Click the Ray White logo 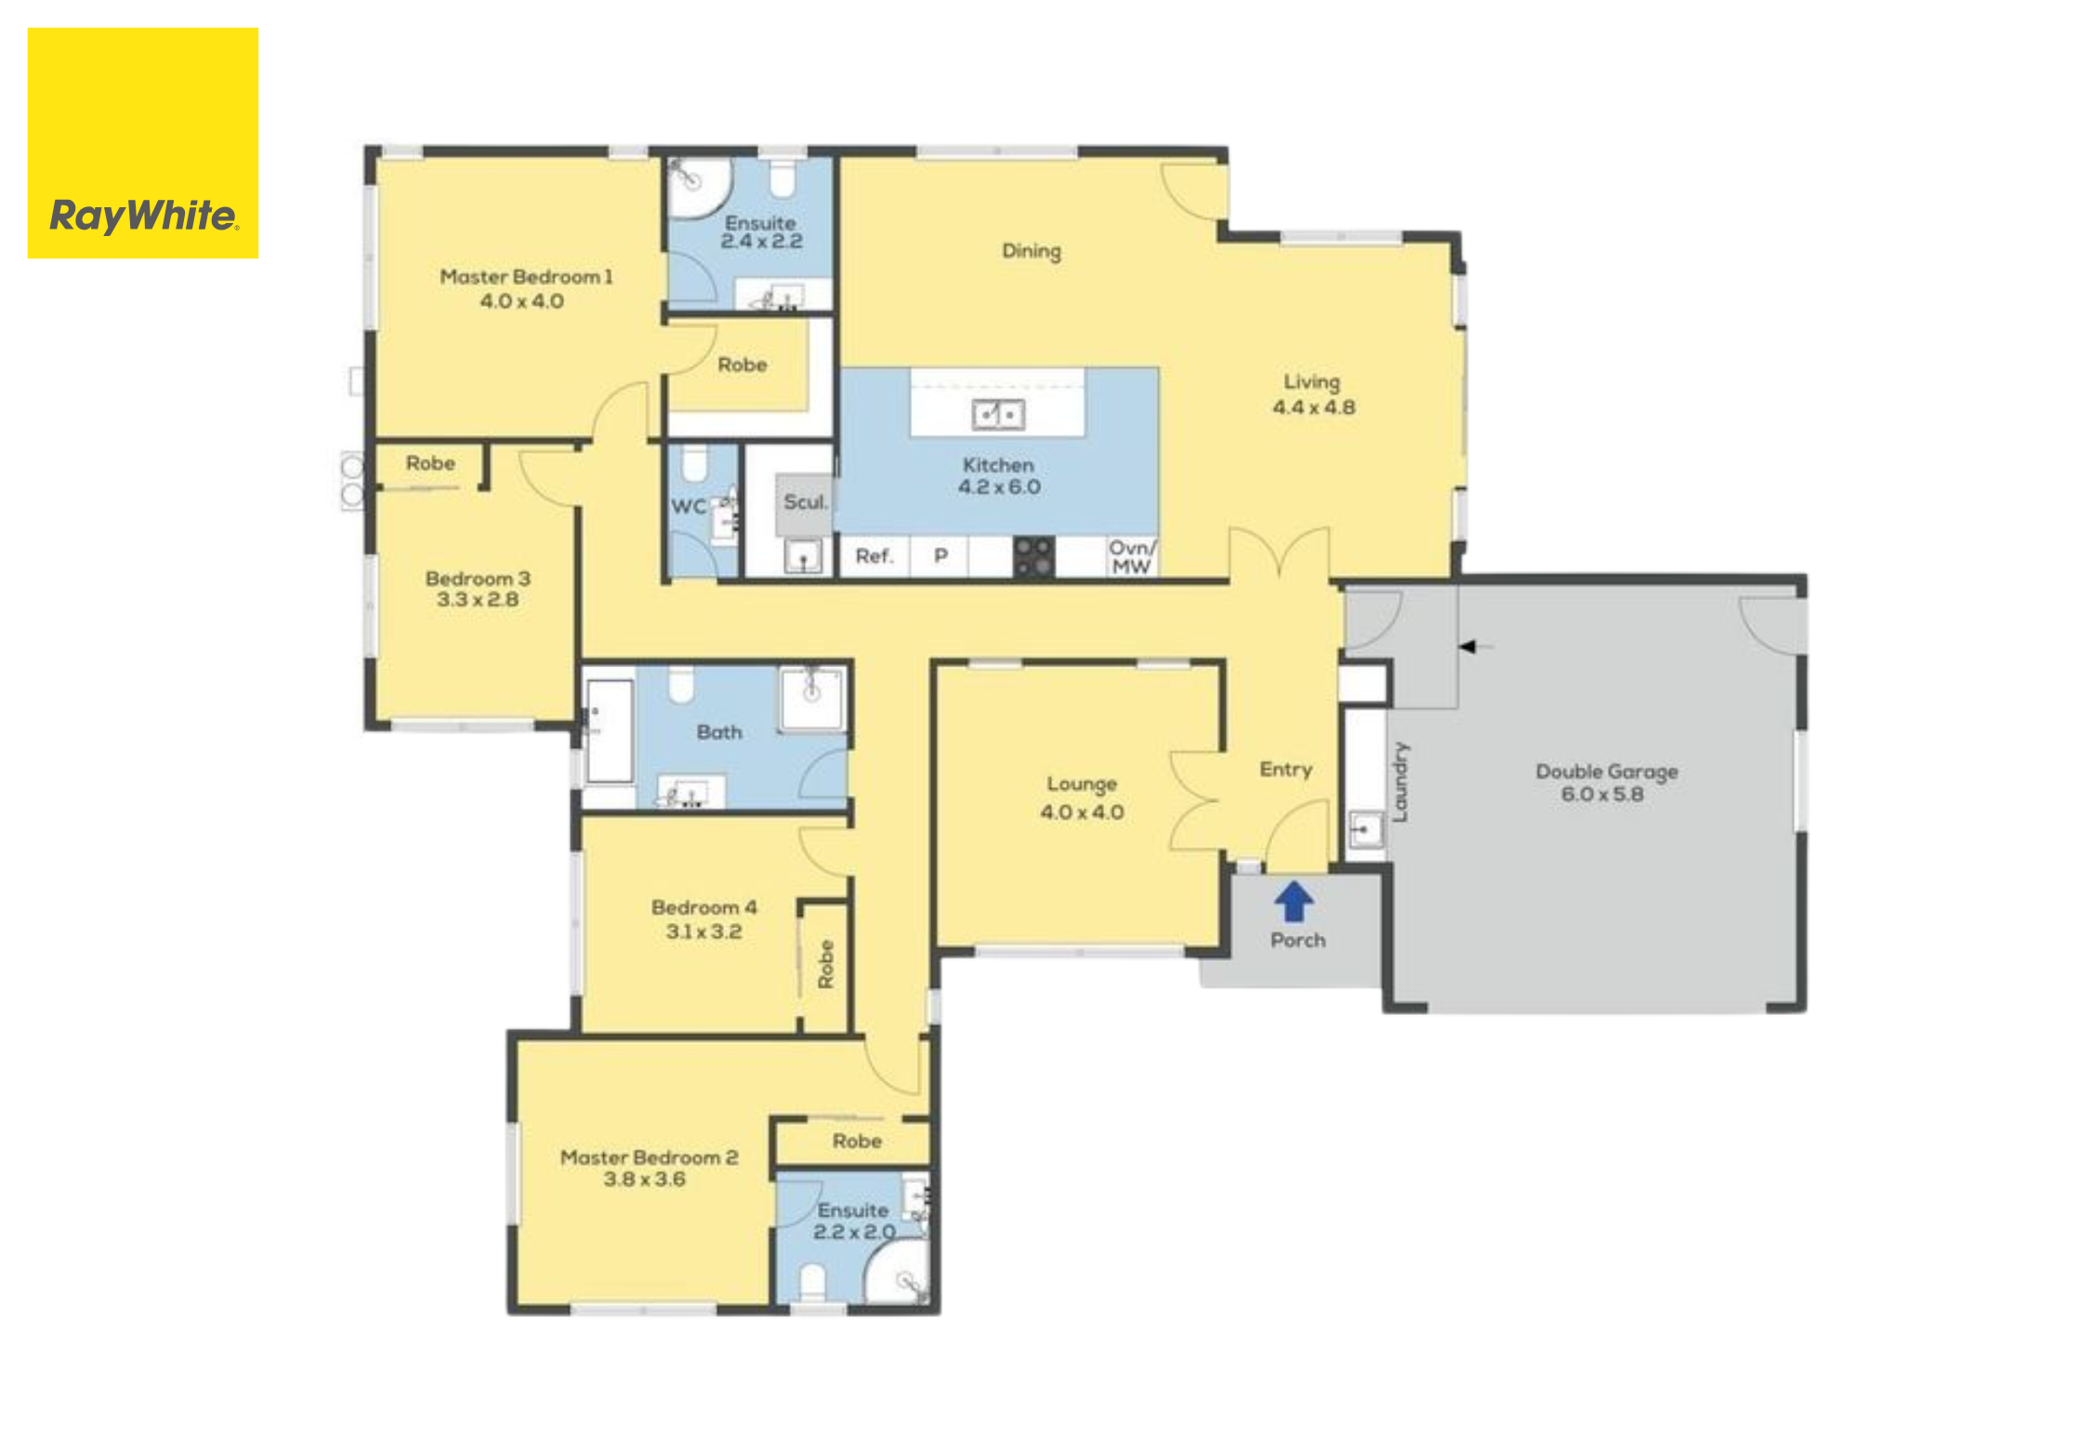pyautogui.click(x=143, y=143)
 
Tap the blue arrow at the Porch pyautogui.click(x=1294, y=901)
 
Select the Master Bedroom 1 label pyautogui.click(x=526, y=277)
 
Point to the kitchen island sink pyautogui.click(x=998, y=414)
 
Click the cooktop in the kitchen pyautogui.click(x=1033, y=557)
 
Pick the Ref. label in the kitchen pyautogui.click(x=874, y=557)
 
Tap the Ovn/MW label pyautogui.click(x=1132, y=558)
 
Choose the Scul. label pyautogui.click(x=805, y=503)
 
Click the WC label pyautogui.click(x=688, y=506)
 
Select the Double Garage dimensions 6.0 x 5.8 pyautogui.click(x=1602, y=795)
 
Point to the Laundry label pyautogui.click(x=1401, y=782)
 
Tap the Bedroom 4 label pyautogui.click(x=704, y=907)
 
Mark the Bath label pyautogui.click(x=719, y=732)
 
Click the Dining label pyautogui.click(x=1032, y=252)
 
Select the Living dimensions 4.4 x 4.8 pyautogui.click(x=1313, y=407)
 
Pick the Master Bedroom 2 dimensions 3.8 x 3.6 pyautogui.click(x=644, y=1179)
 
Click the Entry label pyautogui.click(x=1286, y=770)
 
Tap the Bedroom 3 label pyautogui.click(x=478, y=578)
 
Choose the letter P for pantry pyautogui.click(x=940, y=556)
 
